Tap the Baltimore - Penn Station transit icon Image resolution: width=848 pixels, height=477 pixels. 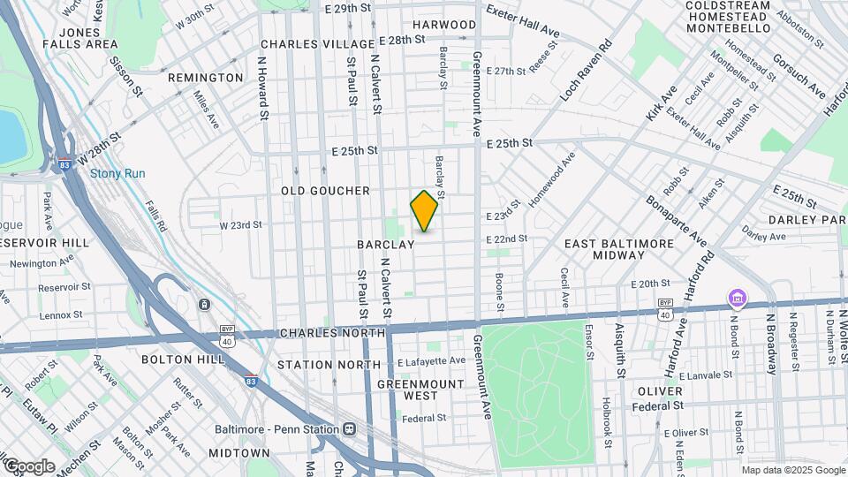(349, 429)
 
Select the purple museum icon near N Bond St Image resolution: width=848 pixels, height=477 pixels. (735, 299)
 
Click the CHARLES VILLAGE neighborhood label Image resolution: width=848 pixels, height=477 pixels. (306, 44)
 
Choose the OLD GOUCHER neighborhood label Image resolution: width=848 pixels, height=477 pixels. (325, 191)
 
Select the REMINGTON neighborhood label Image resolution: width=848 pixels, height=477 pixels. (205, 78)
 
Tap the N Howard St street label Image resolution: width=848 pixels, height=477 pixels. (262, 88)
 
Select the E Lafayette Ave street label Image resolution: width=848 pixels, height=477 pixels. (431, 361)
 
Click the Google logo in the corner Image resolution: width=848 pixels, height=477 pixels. (28, 466)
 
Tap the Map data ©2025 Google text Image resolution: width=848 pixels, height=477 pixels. (793, 470)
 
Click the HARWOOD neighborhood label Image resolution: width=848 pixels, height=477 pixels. (443, 25)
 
